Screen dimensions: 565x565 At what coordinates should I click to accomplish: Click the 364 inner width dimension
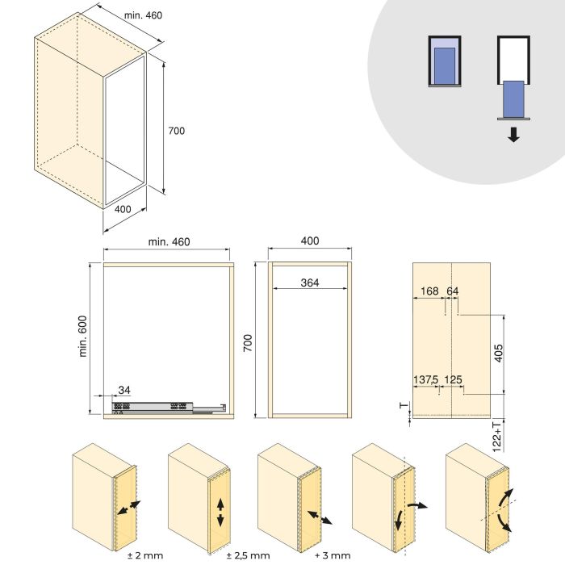click(x=310, y=282)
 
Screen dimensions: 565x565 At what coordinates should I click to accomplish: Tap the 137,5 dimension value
click(x=426, y=379)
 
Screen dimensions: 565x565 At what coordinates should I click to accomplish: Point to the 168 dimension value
click(x=429, y=291)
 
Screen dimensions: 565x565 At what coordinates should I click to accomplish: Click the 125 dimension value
click(x=453, y=379)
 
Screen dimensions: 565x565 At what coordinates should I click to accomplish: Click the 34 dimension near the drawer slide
click(x=124, y=391)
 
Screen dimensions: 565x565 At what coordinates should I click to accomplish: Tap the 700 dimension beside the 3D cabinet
click(x=177, y=131)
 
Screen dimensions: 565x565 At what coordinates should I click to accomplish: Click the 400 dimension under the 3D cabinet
click(x=122, y=210)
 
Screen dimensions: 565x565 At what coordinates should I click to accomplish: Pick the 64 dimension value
click(x=452, y=291)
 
